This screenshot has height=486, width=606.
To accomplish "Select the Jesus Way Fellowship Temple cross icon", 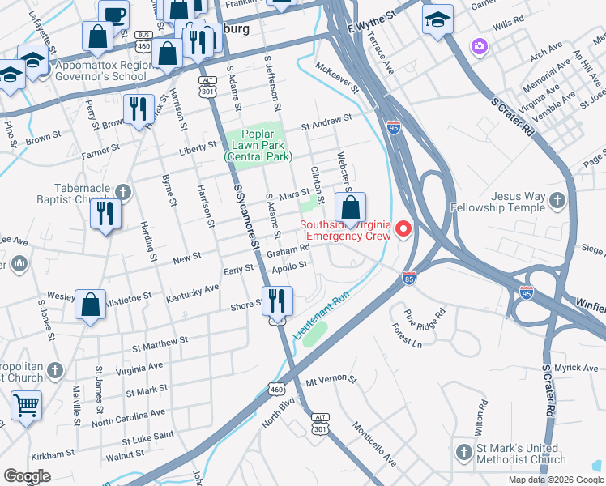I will (x=557, y=198).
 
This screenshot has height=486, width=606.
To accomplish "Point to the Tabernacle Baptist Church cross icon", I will (x=122, y=192).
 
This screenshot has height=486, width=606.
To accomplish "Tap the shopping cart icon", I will (x=26, y=404).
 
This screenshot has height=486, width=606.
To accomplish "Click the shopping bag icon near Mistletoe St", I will (x=91, y=304).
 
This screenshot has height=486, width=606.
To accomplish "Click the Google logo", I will (x=27, y=476).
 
